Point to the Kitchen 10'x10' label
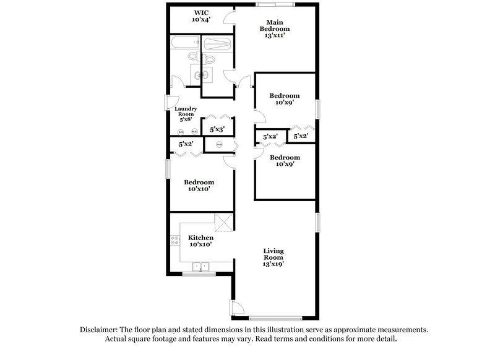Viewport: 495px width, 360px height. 201,241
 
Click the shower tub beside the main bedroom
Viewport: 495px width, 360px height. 217,45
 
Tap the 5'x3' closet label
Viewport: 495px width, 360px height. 217,130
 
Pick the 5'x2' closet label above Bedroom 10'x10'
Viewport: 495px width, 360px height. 186,144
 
